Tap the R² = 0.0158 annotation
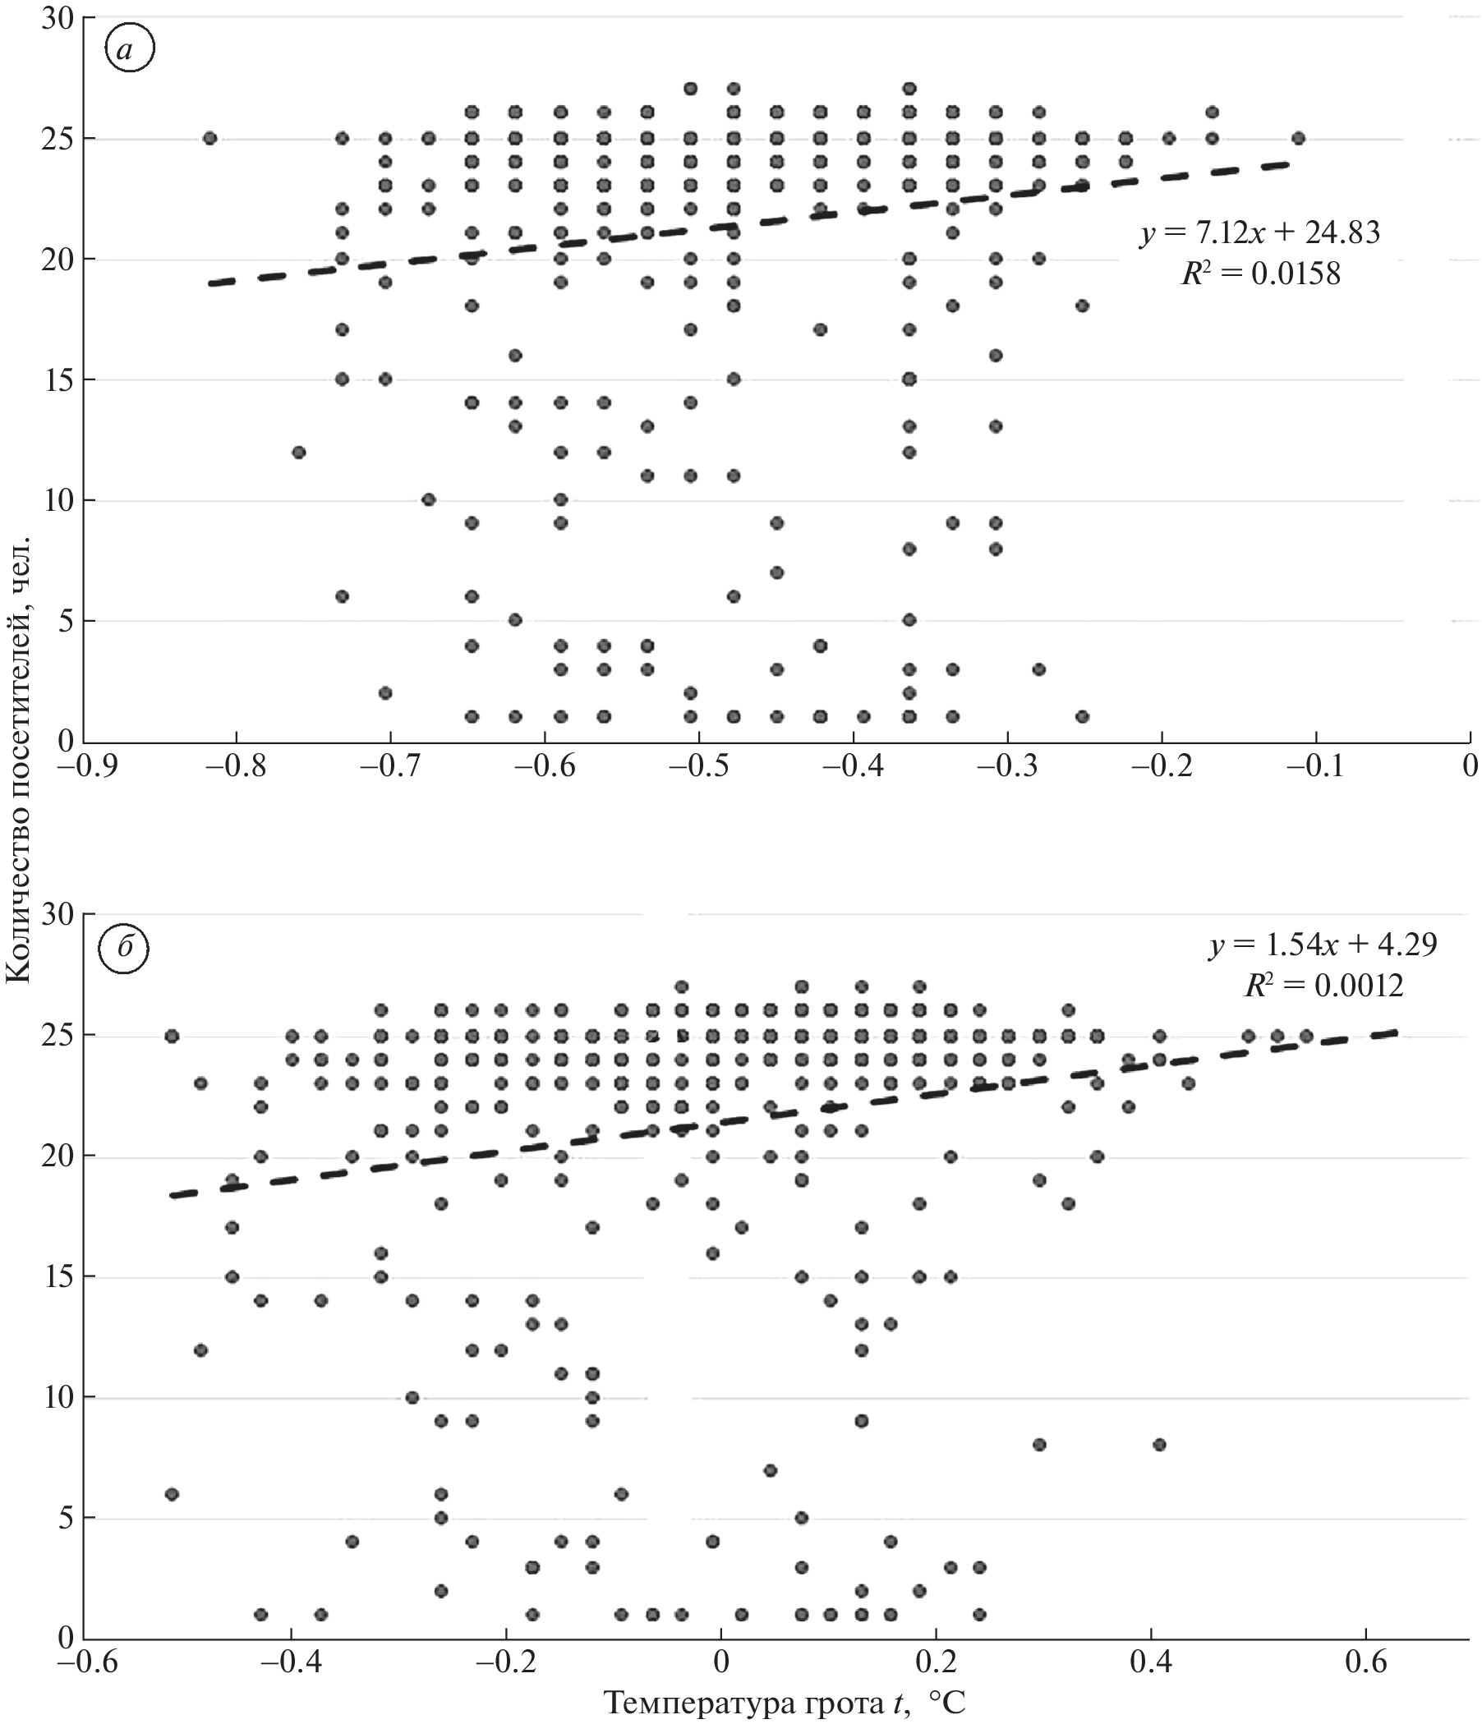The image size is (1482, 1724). click(x=1261, y=274)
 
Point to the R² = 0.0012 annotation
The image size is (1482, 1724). click(x=1323, y=985)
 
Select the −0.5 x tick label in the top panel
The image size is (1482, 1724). click(x=698, y=765)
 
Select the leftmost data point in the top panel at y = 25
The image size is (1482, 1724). click(x=209, y=138)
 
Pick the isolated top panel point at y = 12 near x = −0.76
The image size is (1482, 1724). click(x=299, y=453)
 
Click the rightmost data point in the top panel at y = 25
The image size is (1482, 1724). click(x=1298, y=138)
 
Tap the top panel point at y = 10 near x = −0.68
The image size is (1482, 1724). click(x=429, y=500)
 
